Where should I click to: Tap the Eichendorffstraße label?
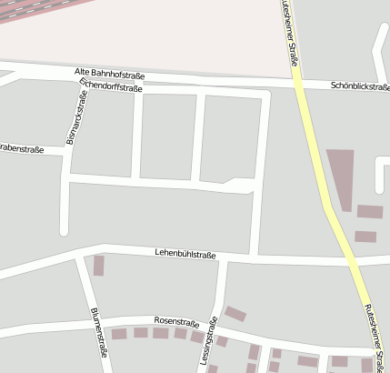[x=111, y=87]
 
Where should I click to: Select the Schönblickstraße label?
[x=359, y=87]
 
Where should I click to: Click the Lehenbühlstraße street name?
[x=185, y=255]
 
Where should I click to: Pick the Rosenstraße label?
[x=176, y=321]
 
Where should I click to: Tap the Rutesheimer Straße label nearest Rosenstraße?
[x=372, y=337]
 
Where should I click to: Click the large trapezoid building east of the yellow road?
[x=340, y=175]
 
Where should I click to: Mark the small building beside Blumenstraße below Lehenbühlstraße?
[x=99, y=266]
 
